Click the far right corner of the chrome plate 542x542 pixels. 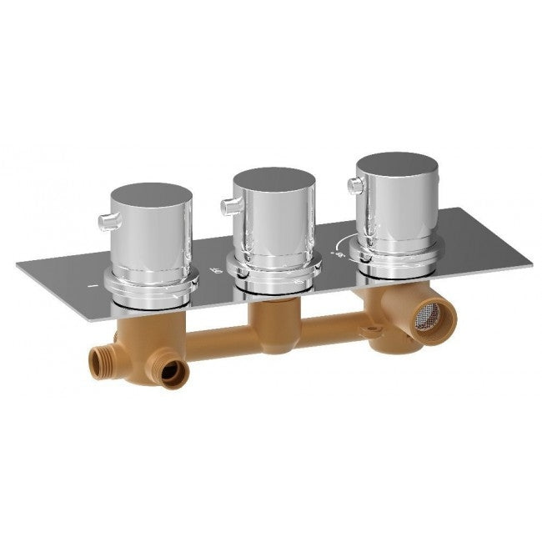pos(531,265)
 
